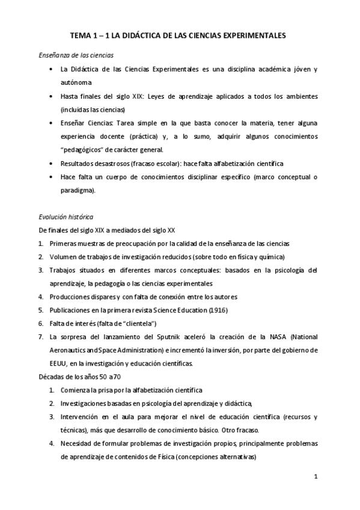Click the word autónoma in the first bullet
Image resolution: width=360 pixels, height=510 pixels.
[76, 82]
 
